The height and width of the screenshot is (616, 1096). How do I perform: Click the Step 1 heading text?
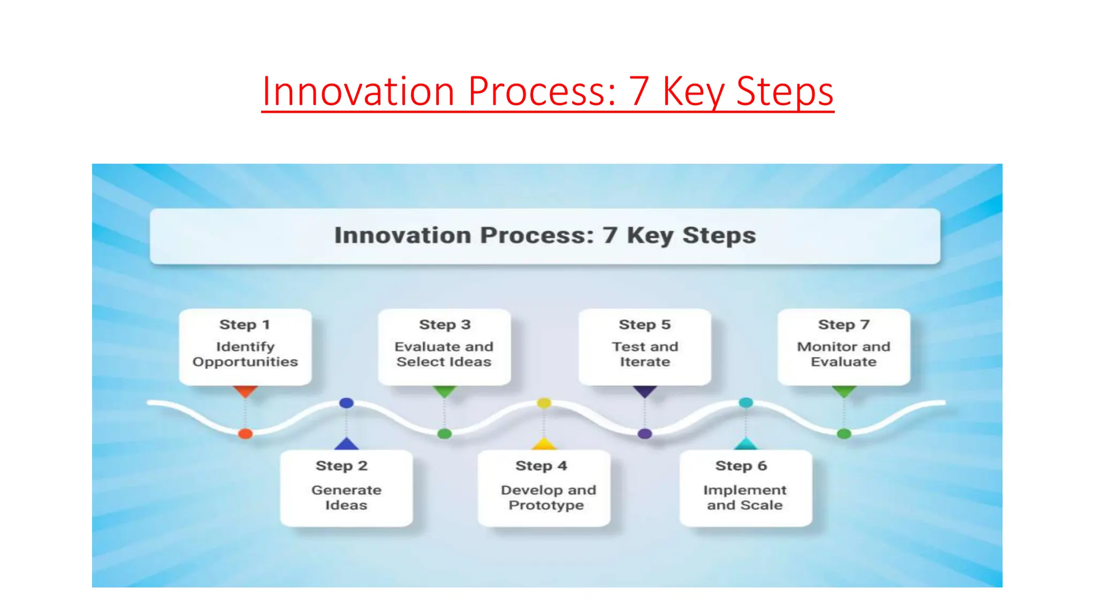point(245,325)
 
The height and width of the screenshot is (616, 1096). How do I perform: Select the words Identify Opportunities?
point(245,354)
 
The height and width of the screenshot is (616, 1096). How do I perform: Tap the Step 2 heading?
point(341,466)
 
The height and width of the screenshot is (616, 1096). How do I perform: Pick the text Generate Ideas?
point(346,497)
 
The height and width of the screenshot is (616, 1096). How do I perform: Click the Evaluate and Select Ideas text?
point(444,354)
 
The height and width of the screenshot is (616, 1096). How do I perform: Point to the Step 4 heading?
point(541,466)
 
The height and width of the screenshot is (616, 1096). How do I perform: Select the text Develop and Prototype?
point(547,497)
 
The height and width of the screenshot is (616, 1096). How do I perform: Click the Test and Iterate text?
point(645,354)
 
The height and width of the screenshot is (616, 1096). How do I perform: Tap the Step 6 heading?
point(741,466)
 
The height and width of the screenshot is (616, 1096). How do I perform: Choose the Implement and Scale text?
point(744,497)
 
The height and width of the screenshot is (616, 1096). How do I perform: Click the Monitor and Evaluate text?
point(843,354)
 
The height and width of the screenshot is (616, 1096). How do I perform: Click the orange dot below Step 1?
point(245,434)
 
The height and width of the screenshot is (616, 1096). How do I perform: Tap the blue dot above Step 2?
point(346,403)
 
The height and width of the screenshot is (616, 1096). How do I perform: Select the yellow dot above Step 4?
point(544,403)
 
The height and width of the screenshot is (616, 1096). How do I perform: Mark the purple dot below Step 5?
point(645,434)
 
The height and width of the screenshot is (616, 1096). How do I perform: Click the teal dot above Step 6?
point(745,402)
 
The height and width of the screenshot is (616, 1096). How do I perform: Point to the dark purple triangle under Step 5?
point(645,391)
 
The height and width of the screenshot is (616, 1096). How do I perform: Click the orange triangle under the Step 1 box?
point(245,391)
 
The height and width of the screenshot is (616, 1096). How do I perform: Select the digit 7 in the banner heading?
point(610,235)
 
